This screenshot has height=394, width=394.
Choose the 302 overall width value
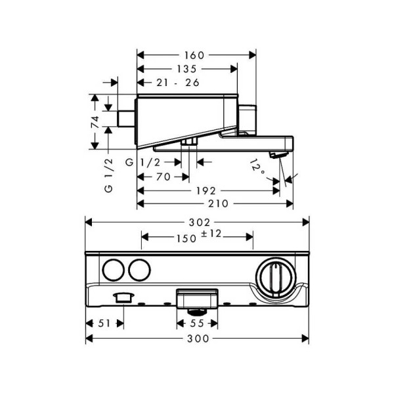point(198,223)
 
